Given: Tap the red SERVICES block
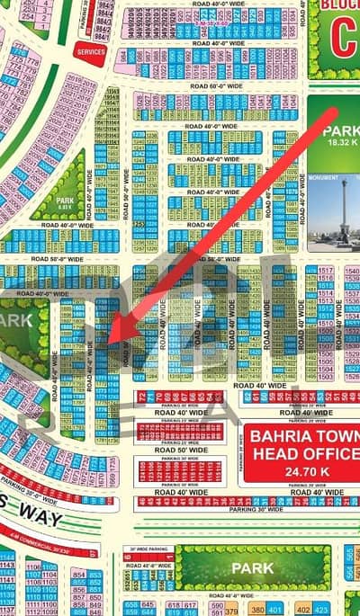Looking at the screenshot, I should tap(90, 51).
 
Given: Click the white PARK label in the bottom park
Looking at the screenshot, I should tap(252, 568).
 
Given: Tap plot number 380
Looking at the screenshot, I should tap(258, 608).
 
